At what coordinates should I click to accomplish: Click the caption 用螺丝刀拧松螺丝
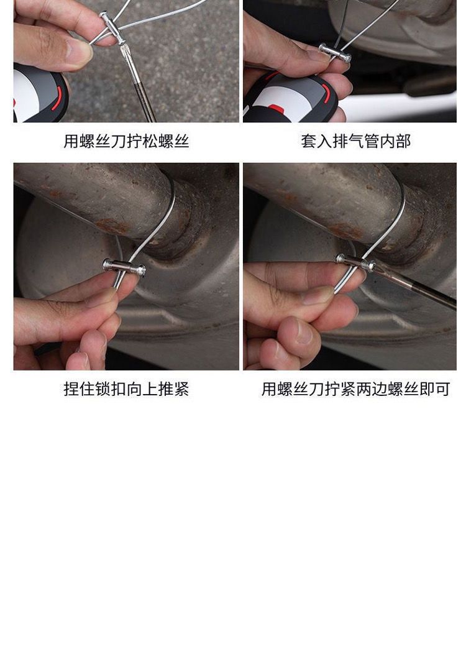126,141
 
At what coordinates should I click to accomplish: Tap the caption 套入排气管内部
355,141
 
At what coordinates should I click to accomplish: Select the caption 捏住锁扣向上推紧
126,389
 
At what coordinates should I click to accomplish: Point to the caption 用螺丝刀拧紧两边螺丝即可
355,389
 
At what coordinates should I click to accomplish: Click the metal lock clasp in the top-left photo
112,28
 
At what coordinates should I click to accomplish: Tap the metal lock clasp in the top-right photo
335,52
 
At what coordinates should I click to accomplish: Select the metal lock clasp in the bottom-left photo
124,267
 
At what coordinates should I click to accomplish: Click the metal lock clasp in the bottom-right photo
355,262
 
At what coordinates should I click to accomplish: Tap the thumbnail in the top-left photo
78,51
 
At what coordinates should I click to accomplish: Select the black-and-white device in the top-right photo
289,97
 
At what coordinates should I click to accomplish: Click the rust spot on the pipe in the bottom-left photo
112,226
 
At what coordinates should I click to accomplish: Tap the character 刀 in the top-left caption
118,141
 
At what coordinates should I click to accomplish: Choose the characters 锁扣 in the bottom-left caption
103,389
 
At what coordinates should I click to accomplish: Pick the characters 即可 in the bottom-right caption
434,389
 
